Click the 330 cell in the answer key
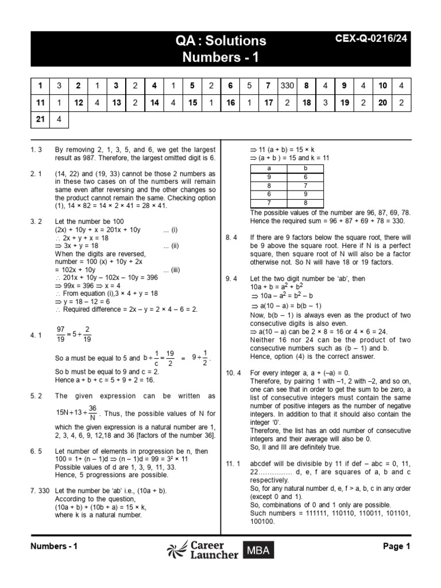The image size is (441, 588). click(x=287, y=86)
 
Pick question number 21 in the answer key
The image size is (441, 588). click(x=40, y=119)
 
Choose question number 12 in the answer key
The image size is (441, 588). click(x=78, y=102)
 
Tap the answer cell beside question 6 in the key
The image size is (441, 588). click(x=249, y=86)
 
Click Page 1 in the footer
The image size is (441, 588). click(x=396, y=547)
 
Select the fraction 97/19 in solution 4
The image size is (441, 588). click(x=60, y=333)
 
